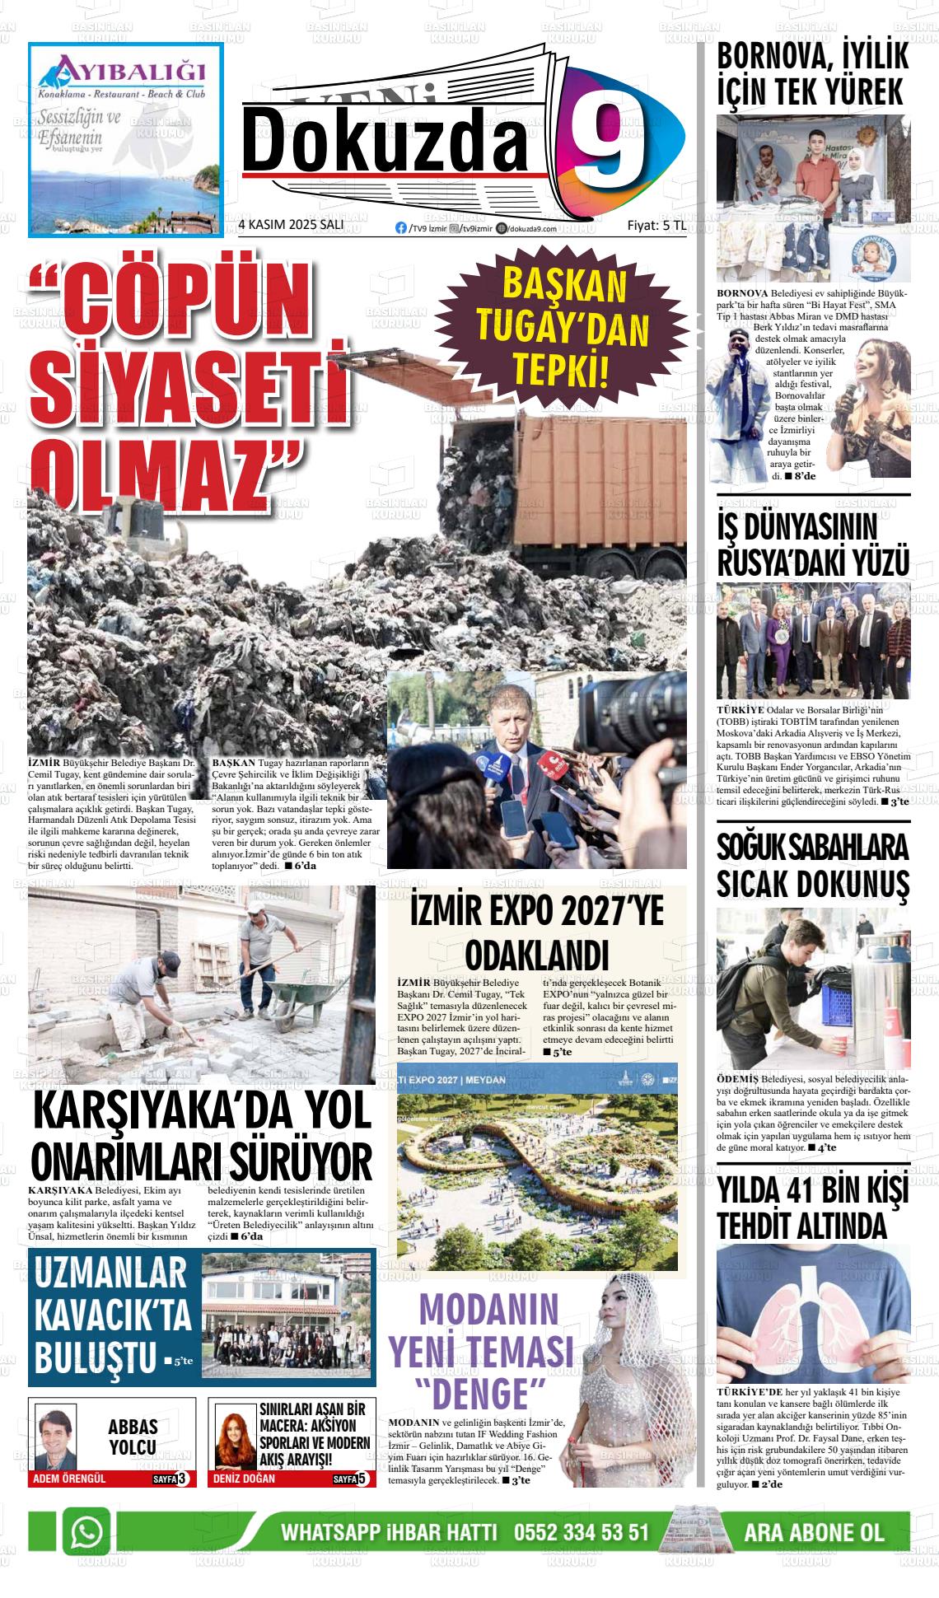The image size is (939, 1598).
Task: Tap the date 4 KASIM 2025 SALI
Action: click(290, 226)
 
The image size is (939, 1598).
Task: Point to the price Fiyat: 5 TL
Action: click(656, 226)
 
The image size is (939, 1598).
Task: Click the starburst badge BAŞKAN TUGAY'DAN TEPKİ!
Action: click(563, 329)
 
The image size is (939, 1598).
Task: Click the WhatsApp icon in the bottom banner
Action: click(86, 1531)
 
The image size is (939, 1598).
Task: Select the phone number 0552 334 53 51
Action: click(581, 1533)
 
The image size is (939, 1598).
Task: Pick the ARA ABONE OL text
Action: click(813, 1533)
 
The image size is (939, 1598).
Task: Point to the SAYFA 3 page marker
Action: click(171, 1479)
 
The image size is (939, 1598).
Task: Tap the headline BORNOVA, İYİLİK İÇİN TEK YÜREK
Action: click(811, 74)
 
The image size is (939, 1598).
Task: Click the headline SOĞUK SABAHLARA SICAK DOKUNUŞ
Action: click(812, 866)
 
